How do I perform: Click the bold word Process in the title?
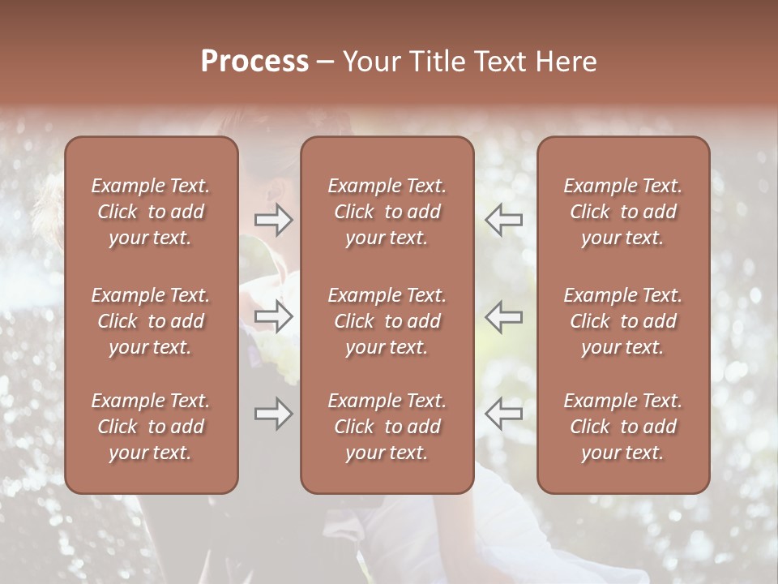point(254,62)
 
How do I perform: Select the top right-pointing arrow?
point(273,220)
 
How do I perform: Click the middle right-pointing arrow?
point(273,316)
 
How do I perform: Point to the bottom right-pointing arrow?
point(273,414)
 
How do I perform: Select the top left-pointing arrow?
point(504,220)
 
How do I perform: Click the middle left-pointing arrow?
point(504,316)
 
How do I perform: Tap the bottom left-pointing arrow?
point(504,414)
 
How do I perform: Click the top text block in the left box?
point(151,212)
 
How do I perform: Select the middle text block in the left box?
point(151,321)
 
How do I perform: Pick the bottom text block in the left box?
point(151,427)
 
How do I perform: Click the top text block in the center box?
point(387,212)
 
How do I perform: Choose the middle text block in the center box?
point(387,321)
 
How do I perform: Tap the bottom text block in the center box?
point(387,427)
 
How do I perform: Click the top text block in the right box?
point(623,212)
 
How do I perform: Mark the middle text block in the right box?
point(623,321)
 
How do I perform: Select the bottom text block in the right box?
point(623,427)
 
